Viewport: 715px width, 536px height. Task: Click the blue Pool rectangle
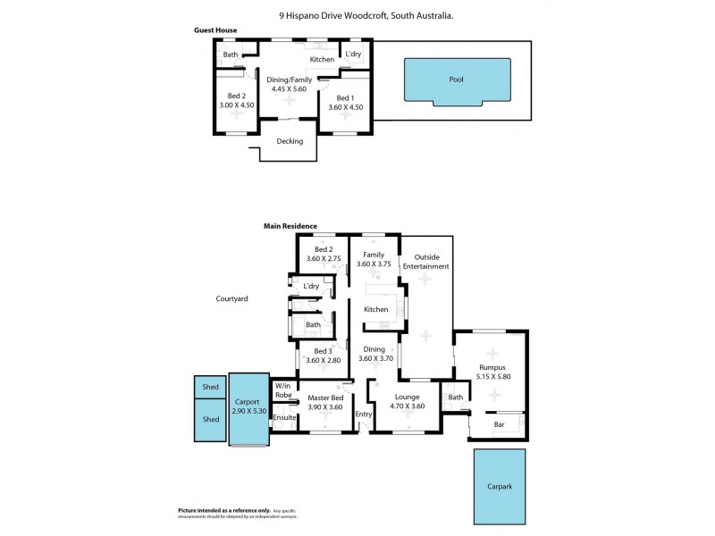[x=458, y=80]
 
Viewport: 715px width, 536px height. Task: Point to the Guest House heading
[x=215, y=30]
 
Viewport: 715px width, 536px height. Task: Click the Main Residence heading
[x=290, y=227]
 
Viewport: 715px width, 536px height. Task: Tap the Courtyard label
[x=231, y=299]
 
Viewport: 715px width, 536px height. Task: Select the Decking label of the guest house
[x=290, y=141]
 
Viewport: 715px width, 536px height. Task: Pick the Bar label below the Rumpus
[x=500, y=425]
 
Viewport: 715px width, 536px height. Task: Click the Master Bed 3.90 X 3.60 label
[x=324, y=403]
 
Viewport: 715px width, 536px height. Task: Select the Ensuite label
[x=284, y=417]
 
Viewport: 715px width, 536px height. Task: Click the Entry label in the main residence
[x=363, y=414]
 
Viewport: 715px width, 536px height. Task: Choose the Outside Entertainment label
[x=425, y=262]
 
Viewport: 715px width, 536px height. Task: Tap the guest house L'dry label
[x=353, y=54]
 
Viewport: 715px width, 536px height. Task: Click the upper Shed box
[x=211, y=388]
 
